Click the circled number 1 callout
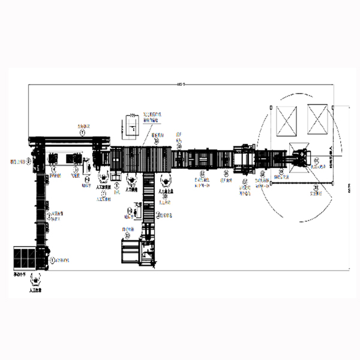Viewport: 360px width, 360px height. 52,260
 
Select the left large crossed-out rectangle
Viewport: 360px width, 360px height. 286,119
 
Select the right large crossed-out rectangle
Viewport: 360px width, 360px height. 319,119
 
